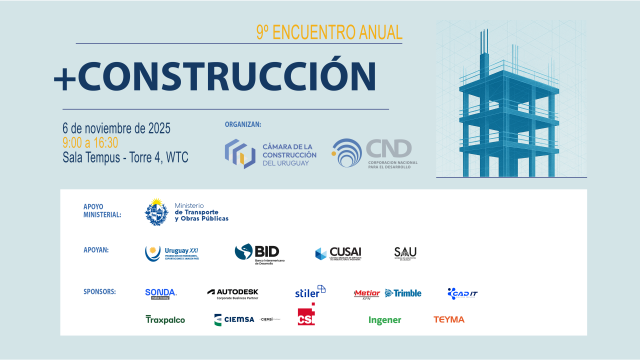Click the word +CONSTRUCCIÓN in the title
216,74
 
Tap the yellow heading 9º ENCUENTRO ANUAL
329,32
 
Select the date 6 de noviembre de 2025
116,128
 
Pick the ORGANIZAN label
244,125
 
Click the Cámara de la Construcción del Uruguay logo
270,154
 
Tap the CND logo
372,154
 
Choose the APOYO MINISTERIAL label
102,210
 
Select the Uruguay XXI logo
173,253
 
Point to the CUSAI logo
337,253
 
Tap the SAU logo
405,253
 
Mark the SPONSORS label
101,292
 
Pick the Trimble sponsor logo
403,293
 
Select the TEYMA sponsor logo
448,320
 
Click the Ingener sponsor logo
385,320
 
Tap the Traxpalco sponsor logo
165,320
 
